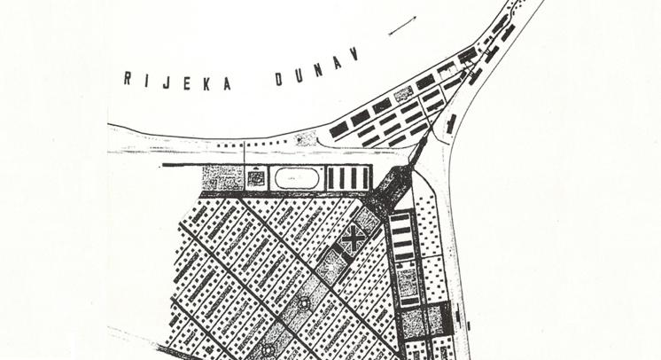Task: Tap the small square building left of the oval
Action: (x=256, y=178)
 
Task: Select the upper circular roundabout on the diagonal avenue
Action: (x=304, y=303)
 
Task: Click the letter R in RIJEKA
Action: (x=128, y=78)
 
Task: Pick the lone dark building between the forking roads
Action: (x=452, y=123)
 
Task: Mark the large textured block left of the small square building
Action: (x=222, y=178)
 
